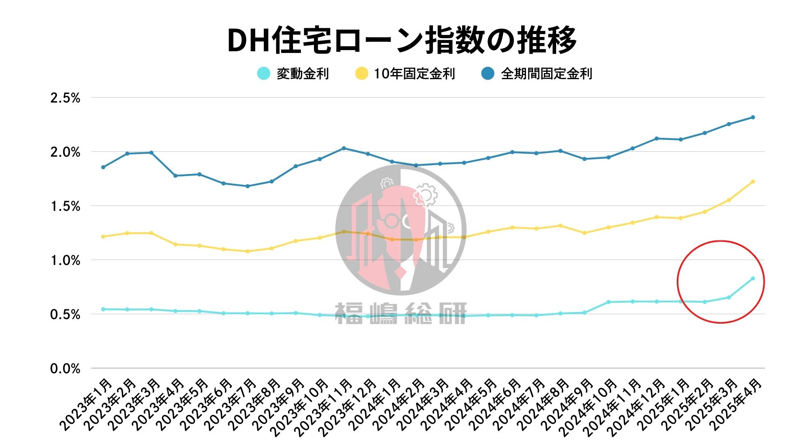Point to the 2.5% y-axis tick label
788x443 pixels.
click(x=65, y=98)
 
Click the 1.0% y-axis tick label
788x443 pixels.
click(x=65, y=260)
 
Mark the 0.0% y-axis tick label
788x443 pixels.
click(x=65, y=369)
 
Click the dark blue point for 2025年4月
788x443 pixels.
click(x=753, y=117)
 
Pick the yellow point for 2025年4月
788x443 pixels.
click(x=753, y=181)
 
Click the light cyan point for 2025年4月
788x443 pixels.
click(x=753, y=279)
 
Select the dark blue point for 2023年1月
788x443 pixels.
click(x=103, y=167)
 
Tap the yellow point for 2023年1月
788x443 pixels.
click(x=103, y=237)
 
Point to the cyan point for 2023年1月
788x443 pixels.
click(x=103, y=309)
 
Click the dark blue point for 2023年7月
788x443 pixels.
click(x=247, y=186)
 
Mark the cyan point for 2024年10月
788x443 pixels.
click(x=608, y=302)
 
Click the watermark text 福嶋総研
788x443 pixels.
click(x=401, y=314)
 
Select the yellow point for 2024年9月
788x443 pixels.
click(x=584, y=233)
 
